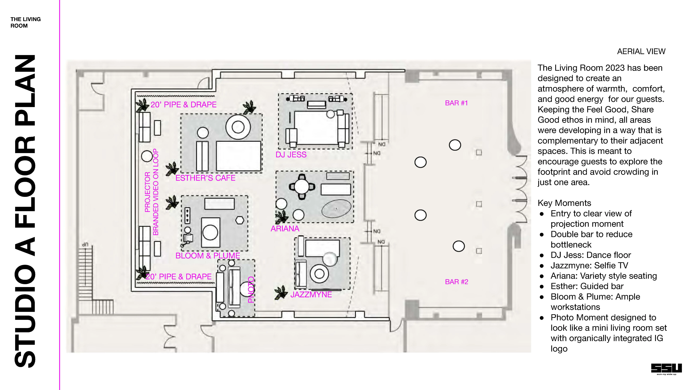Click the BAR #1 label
click(456, 103)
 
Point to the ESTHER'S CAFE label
click(205, 178)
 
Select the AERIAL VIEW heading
click(641, 51)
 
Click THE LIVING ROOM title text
click(26, 22)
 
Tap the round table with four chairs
click(302, 186)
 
